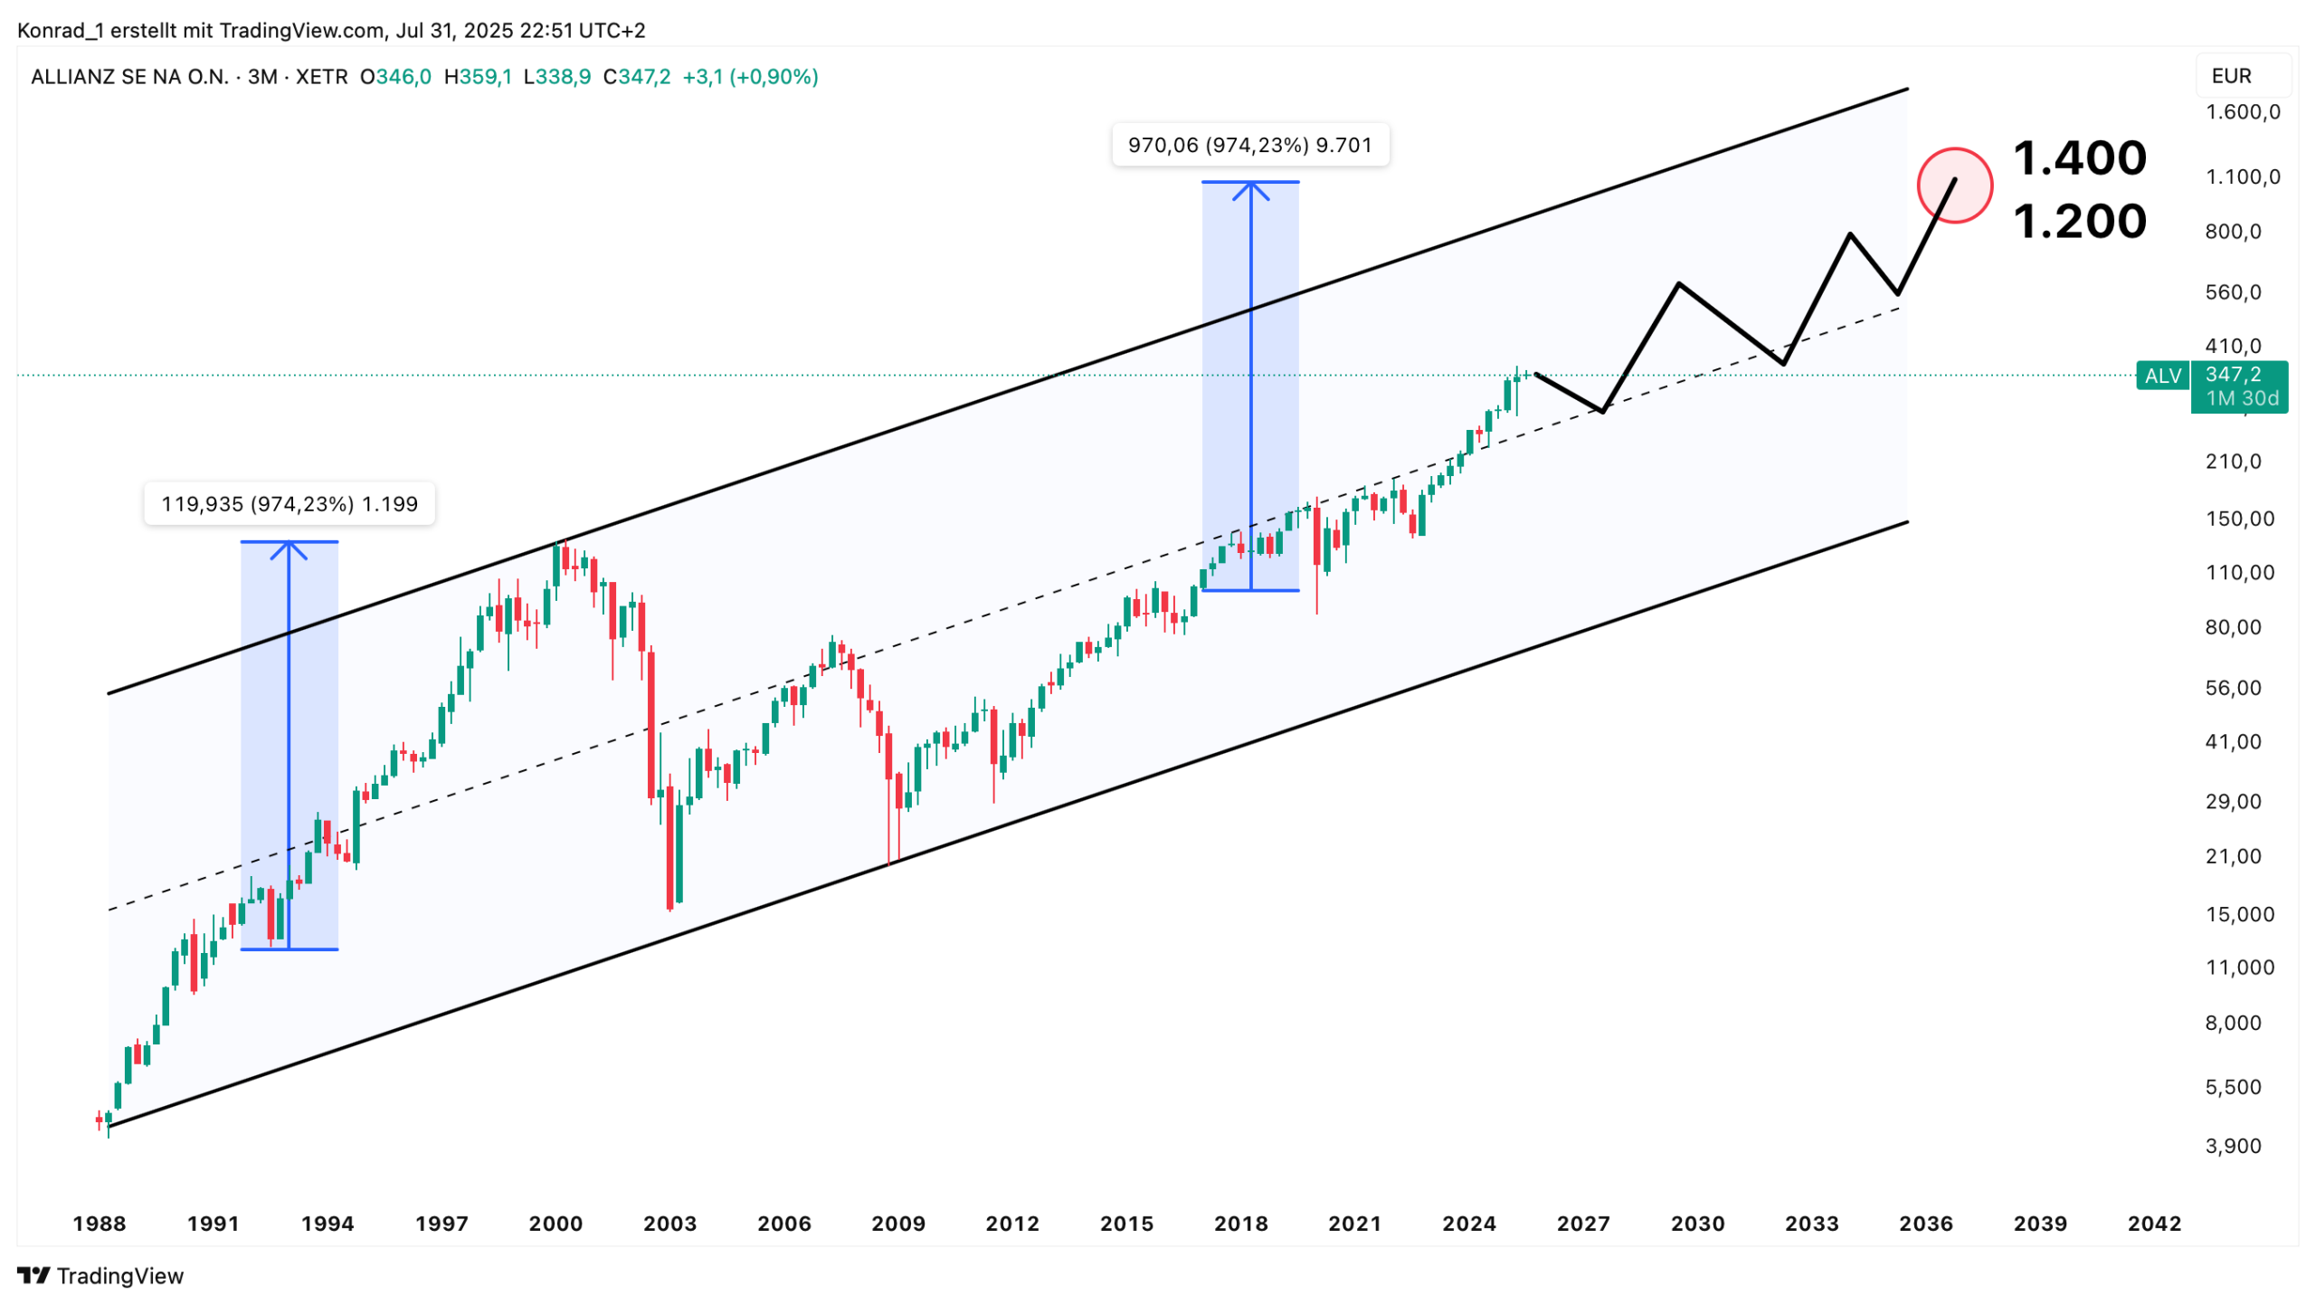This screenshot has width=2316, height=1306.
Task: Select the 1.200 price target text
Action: tap(2079, 221)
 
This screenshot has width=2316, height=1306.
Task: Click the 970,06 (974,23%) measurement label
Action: tap(1249, 145)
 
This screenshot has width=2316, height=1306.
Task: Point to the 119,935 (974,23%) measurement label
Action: tap(289, 504)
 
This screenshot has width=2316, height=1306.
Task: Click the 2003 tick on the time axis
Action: tap(669, 1224)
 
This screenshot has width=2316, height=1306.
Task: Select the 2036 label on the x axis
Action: tap(1925, 1224)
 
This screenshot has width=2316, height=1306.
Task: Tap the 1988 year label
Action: tap(100, 1224)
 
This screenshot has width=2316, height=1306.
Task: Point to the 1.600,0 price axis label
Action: tap(2242, 112)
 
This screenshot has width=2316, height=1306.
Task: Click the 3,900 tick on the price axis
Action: tap(2233, 1146)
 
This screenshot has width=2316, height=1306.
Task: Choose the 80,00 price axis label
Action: tap(2233, 627)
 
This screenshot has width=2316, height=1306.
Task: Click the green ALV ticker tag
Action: tap(2162, 376)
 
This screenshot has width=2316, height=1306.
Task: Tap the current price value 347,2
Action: tap(2233, 374)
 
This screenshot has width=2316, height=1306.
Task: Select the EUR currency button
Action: tap(2231, 76)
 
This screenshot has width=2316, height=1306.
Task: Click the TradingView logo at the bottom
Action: tap(100, 1275)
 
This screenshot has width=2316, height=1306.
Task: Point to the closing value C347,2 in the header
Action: tap(637, 77)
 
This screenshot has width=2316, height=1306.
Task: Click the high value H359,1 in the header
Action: tap(478, 77)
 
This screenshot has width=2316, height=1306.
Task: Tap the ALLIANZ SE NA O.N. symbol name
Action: tap(129, 77)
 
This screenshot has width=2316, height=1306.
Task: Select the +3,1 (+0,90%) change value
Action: tap(750, 77)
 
